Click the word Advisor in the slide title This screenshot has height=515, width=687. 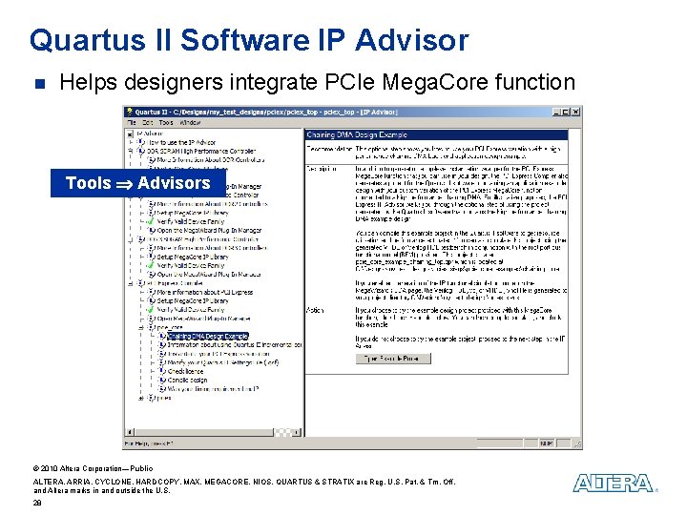[411, 41]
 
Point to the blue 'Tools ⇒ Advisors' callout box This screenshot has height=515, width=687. [137, 183]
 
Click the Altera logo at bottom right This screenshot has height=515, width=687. [614, 484]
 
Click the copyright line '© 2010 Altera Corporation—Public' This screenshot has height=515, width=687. [93, 468]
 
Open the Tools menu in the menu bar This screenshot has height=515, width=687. [166, 122]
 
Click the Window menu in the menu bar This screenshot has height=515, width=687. [190, 122]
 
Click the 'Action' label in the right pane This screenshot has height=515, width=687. [315, 309]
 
